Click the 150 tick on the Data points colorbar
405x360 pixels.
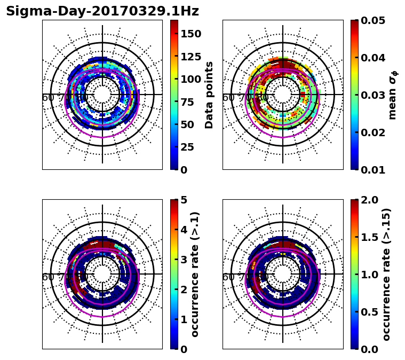click(x=190, y=34)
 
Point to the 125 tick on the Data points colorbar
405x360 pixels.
click(x=190, y=56)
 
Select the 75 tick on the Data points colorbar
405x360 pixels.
click(x=190, y=101)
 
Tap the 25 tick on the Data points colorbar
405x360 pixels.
click(x=190, y=147)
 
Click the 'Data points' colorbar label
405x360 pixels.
click(x=209, y=95)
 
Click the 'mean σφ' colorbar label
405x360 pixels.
click(x=393, y=95)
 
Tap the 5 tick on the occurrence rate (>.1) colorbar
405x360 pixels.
click(x=183, y=200)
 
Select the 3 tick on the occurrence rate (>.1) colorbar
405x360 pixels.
click(x=183, y=260)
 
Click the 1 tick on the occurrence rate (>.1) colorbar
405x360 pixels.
click(x=183, y=319)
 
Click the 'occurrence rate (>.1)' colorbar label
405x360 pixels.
click(x=195, y=274)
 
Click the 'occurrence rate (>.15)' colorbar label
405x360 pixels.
click(x=386, y=274)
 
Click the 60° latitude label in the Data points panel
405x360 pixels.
click(x=48, y=98)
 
